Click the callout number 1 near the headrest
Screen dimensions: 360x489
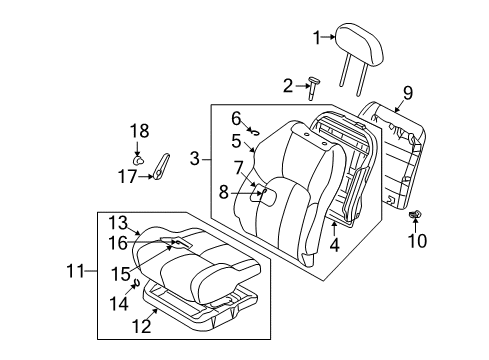[x=317, y=38]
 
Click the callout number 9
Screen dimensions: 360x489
[x=407, y=94]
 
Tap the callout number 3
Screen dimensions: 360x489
[x=195, y=157]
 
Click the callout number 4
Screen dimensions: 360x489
[x=334, y=243]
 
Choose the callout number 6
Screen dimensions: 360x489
[x=237, y=117]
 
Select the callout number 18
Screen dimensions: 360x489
[x=138, y=129]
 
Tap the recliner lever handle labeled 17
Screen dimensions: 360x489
[x=163, y=164]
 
